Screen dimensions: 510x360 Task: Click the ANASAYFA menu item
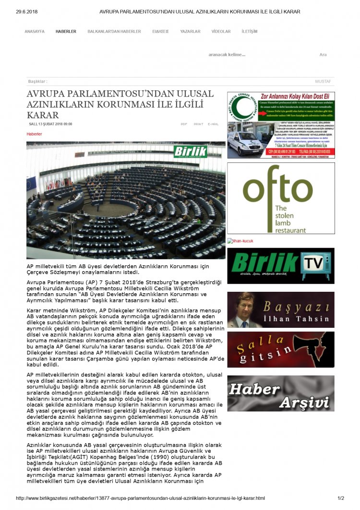pyautogui.click(x=35, y=31)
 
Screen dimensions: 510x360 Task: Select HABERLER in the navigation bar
pyautogui.click(x=66, y=31)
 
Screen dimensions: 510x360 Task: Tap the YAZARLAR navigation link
pyautogui.click(x=190, y=31)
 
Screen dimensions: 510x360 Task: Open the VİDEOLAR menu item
pyautogui.click(x=221, y=31)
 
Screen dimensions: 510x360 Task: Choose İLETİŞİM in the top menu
pyautogui.click(x=250, y=31)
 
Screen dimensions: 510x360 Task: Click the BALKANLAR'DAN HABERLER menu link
pyautogui.click(x=114, y=31)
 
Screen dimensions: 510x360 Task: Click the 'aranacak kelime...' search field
pyautogui.click(x=227, y=54)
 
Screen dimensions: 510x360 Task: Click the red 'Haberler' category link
pyautogui.click(x=34, y=134)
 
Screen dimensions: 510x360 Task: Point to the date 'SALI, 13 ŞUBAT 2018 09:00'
pyautogui.click(x=51, y=124)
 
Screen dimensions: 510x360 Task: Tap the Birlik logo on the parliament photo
pyautogui.click(x=191, y=151)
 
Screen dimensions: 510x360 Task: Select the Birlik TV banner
pyautogui.click(x=281, y=266)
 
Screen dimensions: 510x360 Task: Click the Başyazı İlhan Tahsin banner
pyautogui.click(x=281, y=310)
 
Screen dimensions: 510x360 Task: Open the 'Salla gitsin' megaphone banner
pyautogui.click(x=281, y=349)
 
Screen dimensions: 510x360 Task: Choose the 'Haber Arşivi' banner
pyautogui.click(x=281, y=393)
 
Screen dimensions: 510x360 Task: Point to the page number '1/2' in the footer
pyautogui.click(x=341, y=498)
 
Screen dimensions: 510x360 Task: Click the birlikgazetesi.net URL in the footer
pyautogui.click(x=140, y=498)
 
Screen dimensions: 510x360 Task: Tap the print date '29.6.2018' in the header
pyautogui.click(x=27, y=12)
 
